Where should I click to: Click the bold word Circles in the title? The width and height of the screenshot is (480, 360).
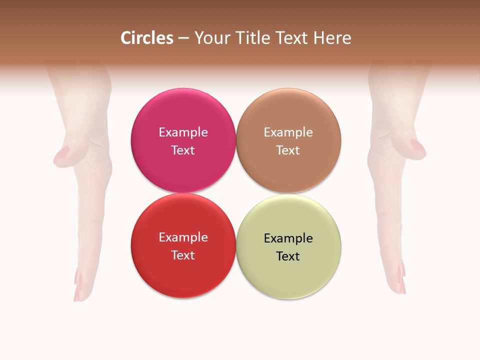pos(146,38)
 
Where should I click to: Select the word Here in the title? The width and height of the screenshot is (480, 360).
pos(332,38)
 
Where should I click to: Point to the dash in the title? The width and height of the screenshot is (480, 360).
pos(183,38)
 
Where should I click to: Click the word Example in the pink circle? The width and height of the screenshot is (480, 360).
pos(183,132)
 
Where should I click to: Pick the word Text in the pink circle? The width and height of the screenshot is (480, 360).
pos(183,150)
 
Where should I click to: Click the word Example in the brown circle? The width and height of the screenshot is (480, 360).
pos(288,132)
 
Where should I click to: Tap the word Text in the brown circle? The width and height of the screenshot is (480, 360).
pos(288,150)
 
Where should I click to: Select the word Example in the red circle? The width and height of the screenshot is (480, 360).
pos(183,237)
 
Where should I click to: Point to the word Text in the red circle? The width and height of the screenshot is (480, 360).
pos(183,255)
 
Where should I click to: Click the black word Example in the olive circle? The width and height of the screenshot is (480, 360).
pos(288,238)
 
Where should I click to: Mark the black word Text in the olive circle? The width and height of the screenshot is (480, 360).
pos(288,256)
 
